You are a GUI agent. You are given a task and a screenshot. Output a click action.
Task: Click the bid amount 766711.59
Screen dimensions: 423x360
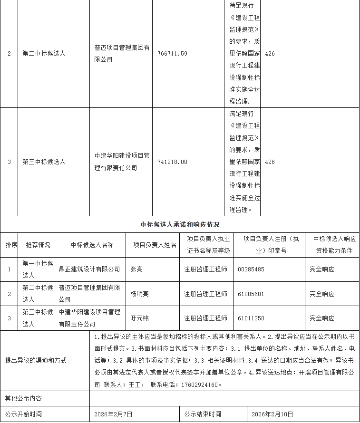172,54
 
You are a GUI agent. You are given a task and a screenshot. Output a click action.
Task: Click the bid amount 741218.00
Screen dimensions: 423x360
172,162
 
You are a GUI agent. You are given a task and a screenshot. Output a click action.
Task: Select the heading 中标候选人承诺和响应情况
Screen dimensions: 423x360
180,224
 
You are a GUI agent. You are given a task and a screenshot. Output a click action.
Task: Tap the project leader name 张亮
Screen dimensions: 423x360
136,269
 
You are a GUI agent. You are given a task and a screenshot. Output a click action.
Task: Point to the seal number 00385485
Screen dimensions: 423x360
251,269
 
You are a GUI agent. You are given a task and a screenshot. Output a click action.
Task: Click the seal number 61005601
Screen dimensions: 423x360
251,294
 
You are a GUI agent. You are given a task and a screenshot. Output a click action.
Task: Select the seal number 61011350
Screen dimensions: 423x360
251,318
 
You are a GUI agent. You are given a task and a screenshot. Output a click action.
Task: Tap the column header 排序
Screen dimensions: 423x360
11,245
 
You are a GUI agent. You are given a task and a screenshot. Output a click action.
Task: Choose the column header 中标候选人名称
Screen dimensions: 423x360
92,245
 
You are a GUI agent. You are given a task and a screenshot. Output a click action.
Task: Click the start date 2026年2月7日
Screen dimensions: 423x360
114,414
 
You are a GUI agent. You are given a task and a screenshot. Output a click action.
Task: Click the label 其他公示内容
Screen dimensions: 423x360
23,398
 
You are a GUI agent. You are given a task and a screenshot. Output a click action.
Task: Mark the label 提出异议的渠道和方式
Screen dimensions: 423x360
36,360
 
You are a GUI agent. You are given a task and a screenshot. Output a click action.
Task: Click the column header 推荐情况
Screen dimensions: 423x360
38,245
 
